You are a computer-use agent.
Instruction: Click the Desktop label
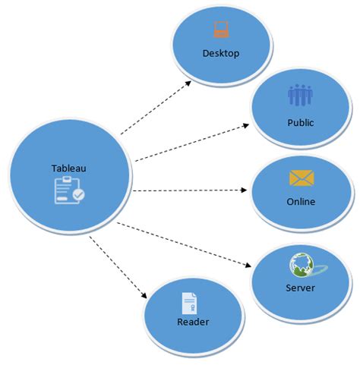pos(221,53)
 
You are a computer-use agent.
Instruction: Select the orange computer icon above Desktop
pos(221,30)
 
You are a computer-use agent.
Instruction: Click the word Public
pos(301,121)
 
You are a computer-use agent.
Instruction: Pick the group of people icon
pos(301,96)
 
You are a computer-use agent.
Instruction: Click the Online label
pos(301,201)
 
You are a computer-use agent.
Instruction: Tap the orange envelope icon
pos(301,178)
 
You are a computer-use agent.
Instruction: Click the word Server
pos(300,288)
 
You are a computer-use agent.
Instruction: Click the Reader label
pos(193,322)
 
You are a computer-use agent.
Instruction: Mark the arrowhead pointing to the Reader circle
pos(144,295)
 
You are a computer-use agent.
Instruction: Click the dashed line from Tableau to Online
pos(190,190)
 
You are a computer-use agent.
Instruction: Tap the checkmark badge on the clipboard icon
pos(78,195)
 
